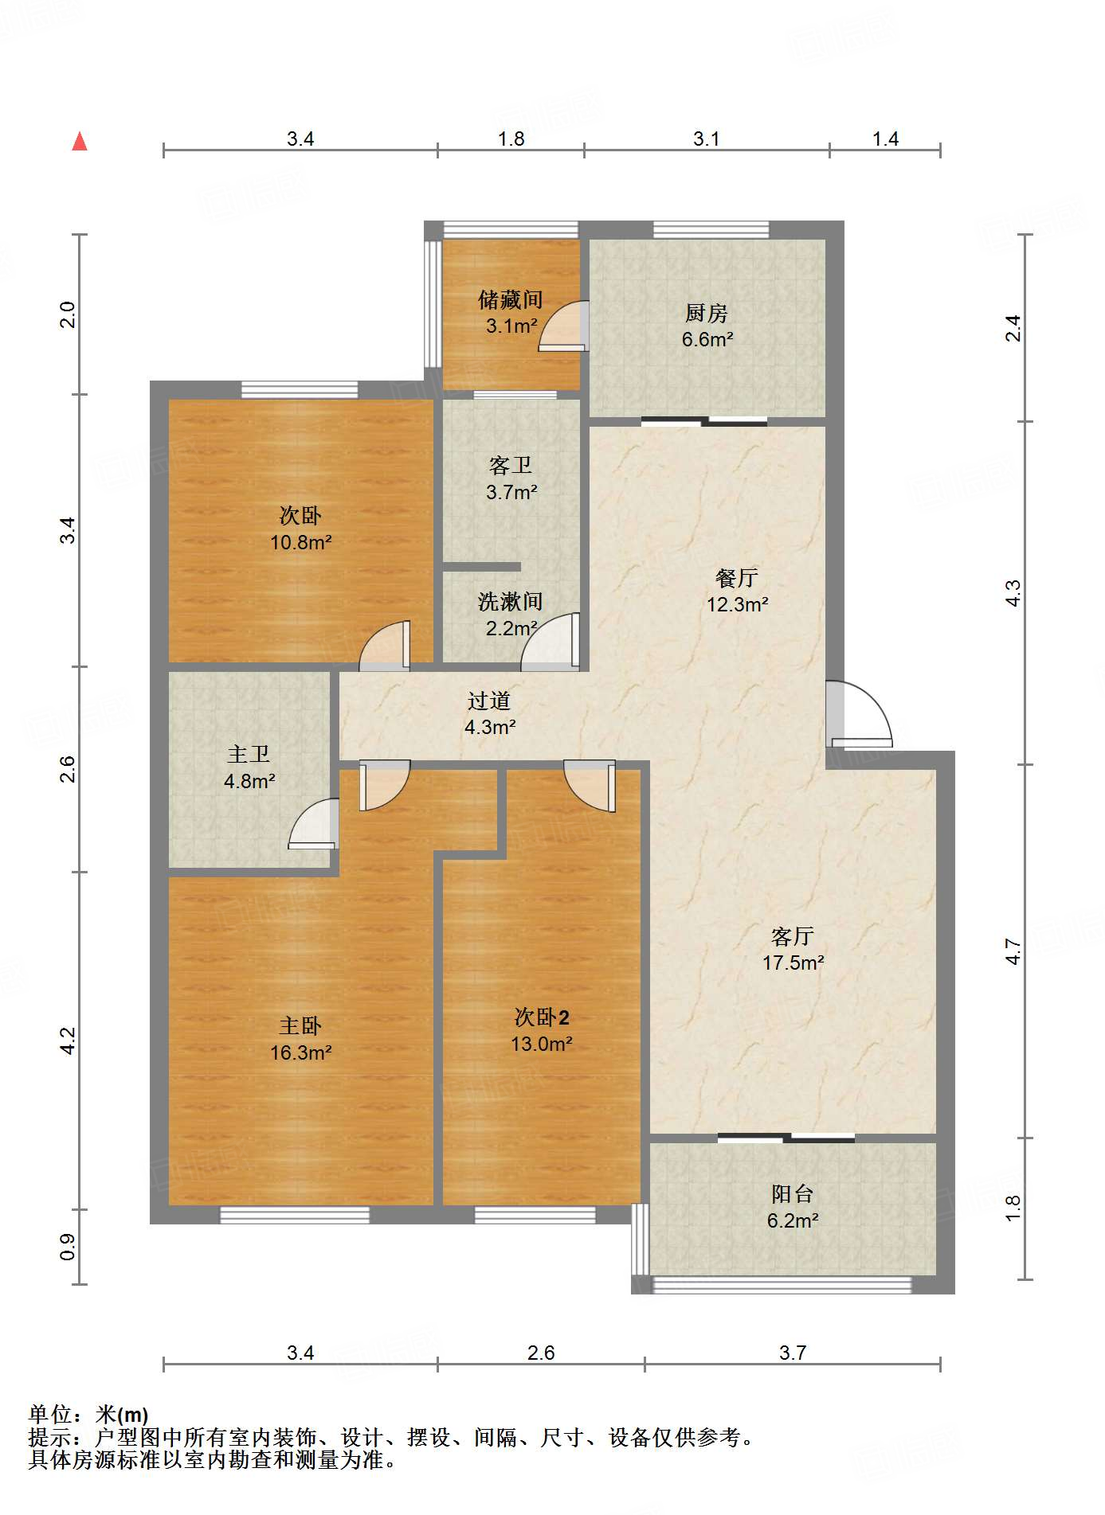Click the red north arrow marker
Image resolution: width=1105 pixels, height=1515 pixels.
pyautogui.click(x=80, y=142)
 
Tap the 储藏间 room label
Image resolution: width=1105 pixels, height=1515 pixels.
pyautogui.click(x=511, y=300)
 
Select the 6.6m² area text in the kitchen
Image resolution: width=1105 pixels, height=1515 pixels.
pyautogui.click(x=707, y=339)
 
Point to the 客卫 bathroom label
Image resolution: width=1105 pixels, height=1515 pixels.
pyautogui.click(x=511, y=466)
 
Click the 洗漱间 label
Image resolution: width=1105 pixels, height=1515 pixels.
pyautogui.click(x=511, y=602)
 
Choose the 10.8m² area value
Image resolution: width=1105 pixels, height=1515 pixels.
pyautogui.click(x=301, y=542)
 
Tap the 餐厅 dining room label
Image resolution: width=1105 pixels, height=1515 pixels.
pyautogui.click(x=737, y=578)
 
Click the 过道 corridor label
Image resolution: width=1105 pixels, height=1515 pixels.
pyautogui.click(x=489, y=701)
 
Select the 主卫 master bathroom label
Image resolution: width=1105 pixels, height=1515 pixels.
pyautogui.click(x=249, y=755)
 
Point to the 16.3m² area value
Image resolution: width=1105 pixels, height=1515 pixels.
pyautogui.click(x=301, y=1052)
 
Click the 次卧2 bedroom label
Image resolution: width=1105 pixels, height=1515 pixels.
pyautogui.click(x=542, y=1017)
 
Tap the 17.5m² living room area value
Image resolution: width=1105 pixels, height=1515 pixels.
pyautogui.click(x=793, y=962)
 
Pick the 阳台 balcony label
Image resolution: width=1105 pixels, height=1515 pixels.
pyautogui.click(x=793, y=1194)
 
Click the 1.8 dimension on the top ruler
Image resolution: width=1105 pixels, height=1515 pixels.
pyautogui.click(x=511, y=139)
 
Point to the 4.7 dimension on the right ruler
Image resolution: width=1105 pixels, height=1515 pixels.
pyautogui.click(x=1013, y=951)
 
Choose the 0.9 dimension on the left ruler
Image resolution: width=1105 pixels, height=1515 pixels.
pyautogui.click(x=68, y=1247)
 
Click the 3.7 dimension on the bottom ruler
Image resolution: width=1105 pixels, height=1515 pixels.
pyautogui.click(x=793, y=1353)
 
